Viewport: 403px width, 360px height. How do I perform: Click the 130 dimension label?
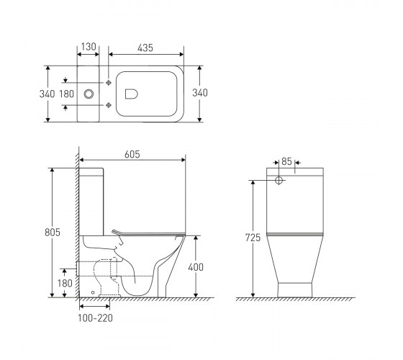(x=89, y=47)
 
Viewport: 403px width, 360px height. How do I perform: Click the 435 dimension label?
(x=145, y=48)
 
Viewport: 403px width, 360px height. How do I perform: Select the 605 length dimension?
(x=132, y=154)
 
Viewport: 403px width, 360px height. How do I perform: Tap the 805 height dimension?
(x=53, y=232)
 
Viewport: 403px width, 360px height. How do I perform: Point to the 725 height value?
(x=253, y=238)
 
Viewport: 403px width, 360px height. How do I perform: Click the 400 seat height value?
(x=196, y=267)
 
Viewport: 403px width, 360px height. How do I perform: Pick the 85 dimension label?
(x=286, y=161)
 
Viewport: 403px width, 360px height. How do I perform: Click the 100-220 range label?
(x=95, y=318)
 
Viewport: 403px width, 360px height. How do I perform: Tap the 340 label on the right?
(x=200, y=93)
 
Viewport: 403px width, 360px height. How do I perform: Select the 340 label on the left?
(x=47, y=94)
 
